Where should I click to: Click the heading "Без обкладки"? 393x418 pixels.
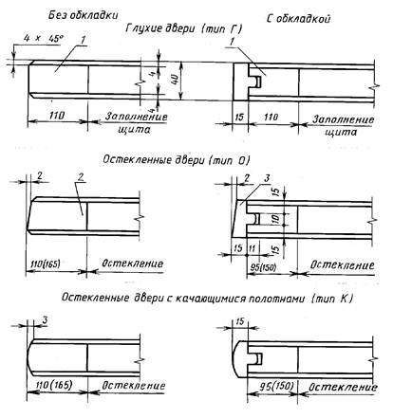coord(84,15)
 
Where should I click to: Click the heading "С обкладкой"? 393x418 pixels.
coord(298,19)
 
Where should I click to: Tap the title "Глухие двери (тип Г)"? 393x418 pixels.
coord(184,28)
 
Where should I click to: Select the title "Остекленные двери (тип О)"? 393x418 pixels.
coord(177,160)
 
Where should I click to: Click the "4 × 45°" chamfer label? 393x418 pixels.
coord(44,39)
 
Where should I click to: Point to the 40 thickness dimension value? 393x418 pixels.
coord(174,81)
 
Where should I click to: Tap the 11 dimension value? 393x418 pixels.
coord(252,248)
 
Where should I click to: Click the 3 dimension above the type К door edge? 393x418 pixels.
coord(45,320)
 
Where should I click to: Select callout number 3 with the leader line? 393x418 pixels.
coord(268,178)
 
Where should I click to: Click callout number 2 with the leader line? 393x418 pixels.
coord(81,177)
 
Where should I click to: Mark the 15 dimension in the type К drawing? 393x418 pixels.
coord(240,321)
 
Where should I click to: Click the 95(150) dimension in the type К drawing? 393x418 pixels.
coord(276,387)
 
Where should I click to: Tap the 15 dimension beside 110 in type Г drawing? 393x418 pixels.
coord(239,118)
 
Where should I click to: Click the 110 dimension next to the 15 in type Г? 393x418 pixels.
coord(271,118)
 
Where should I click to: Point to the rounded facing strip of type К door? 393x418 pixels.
coord(240,359)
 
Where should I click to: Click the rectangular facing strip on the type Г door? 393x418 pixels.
coord(240,82)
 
